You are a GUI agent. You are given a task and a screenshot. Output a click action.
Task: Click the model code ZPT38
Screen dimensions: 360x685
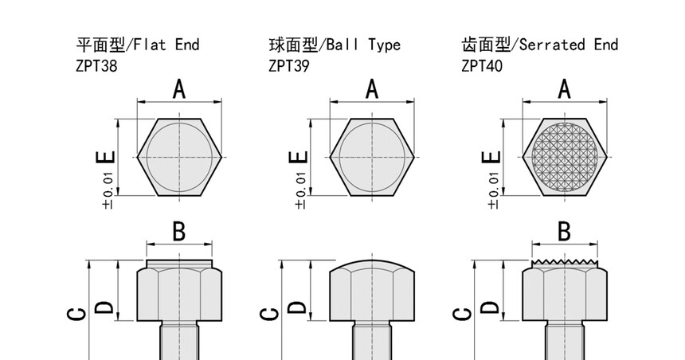click(95, 66)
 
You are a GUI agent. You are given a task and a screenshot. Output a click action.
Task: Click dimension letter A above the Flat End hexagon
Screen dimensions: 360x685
click(179, 89)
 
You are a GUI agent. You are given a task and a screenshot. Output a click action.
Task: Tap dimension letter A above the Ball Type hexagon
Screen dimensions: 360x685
click(371, 89)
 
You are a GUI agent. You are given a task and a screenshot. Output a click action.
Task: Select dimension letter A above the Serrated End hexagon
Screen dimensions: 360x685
click(565, 89)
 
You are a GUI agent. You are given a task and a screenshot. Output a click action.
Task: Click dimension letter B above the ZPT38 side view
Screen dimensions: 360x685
click(179, 232)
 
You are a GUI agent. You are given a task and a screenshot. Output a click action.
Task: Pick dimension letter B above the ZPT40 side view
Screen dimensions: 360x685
click(564, 232)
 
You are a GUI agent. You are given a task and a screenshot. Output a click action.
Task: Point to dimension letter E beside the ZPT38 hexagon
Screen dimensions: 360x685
click(106, 158)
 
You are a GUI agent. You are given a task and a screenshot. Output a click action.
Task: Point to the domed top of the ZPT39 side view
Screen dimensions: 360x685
click(371, 264)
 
